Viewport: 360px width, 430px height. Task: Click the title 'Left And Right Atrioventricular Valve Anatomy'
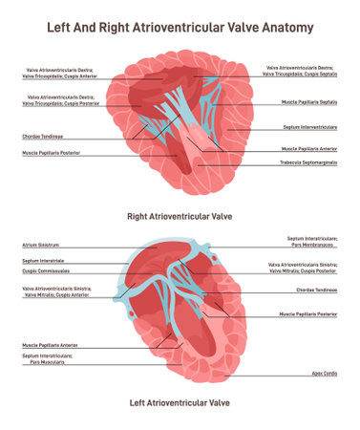coord(180,27)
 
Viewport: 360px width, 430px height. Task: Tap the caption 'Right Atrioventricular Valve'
coord(180,216)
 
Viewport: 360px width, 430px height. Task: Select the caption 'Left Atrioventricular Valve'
coord(180,403)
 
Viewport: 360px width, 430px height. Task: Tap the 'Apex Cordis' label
coord(325,374)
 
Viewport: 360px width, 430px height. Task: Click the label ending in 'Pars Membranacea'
coord(311,242)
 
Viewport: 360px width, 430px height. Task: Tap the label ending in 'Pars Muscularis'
coord(45,359)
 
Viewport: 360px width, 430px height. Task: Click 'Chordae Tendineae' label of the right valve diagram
coord(43,137)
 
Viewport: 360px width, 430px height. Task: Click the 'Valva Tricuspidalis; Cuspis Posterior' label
coord(60,99)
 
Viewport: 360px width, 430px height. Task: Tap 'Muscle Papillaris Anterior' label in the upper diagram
coord(308,149)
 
